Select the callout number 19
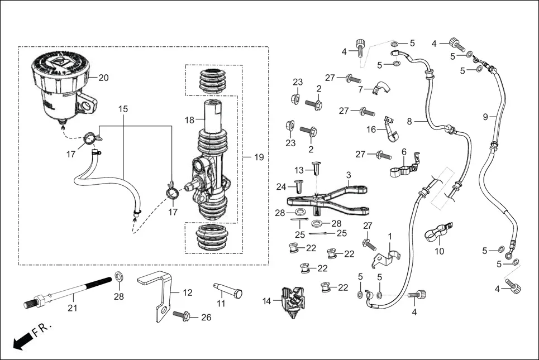click(x=258, y=158)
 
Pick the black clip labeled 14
click(x=295, y=303)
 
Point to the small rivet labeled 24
click(x=298, y=186)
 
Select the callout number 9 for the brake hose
click(x=485, y=117)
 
